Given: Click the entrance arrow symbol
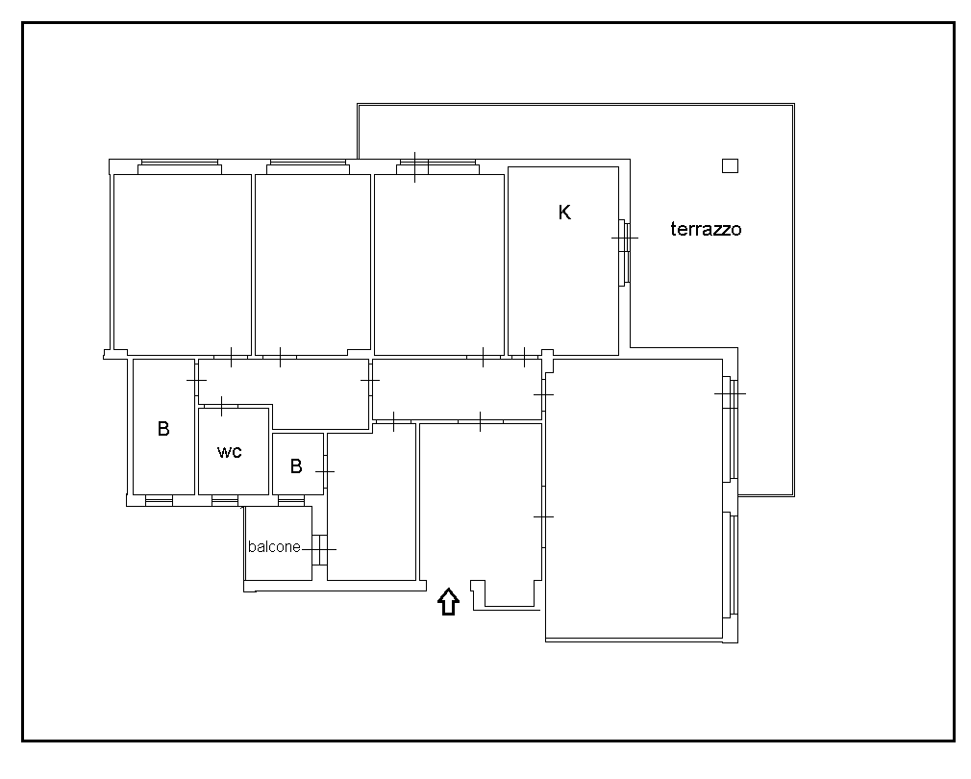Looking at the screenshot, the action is point(448,601).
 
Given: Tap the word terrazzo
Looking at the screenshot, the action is point(706,229).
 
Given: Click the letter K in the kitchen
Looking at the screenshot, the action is point(564,213).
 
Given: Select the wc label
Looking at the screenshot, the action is point(229,451).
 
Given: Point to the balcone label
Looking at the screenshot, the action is point(274,547).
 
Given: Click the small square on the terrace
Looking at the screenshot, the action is point(730,166).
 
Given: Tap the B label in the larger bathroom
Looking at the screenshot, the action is point(163,429).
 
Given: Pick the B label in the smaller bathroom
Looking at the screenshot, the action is point(296,466).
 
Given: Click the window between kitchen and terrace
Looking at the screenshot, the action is point(624,252).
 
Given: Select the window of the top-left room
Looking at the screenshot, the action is point(180,166).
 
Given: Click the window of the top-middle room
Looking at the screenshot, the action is point(307,166).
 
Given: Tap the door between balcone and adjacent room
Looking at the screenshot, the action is point(319,550).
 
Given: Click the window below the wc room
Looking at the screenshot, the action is point(225,500).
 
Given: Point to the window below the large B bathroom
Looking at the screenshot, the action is point(160,500).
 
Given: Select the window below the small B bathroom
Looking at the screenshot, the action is point(291,500).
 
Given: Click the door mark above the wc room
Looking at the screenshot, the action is point(222,406).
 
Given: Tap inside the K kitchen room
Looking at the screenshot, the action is point(563,279).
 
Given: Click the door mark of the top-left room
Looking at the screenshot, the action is point(231,358).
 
